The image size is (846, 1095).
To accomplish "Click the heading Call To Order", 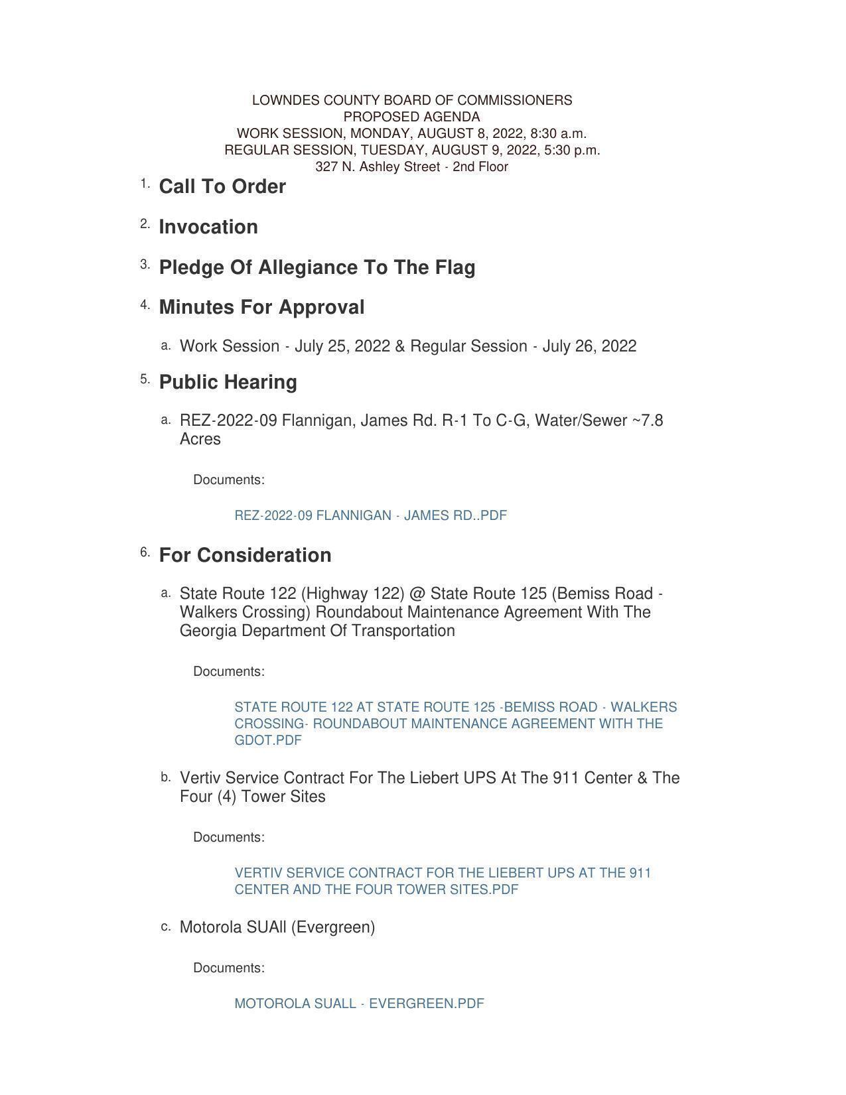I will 222,187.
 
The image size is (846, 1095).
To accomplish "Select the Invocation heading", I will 208,227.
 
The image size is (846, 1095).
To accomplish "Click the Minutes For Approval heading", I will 261,308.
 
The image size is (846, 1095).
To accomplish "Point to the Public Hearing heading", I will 228,382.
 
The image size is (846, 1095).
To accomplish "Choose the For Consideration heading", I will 245,555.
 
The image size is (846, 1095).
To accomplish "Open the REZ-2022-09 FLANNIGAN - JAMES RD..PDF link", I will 370,515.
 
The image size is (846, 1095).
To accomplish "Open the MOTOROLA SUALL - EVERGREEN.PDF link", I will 359,1003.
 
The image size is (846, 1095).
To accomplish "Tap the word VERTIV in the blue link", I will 255,873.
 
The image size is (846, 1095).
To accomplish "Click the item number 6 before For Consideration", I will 144,552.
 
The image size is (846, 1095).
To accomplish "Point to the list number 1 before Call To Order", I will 144,183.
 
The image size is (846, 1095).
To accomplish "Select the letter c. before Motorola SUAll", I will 165,926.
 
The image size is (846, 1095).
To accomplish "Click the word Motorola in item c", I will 210,927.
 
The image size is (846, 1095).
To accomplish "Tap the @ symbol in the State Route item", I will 417,594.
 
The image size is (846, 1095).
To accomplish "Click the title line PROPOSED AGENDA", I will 411,117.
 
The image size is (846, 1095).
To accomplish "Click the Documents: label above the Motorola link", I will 229,968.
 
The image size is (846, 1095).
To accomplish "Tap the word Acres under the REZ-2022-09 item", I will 200,439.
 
